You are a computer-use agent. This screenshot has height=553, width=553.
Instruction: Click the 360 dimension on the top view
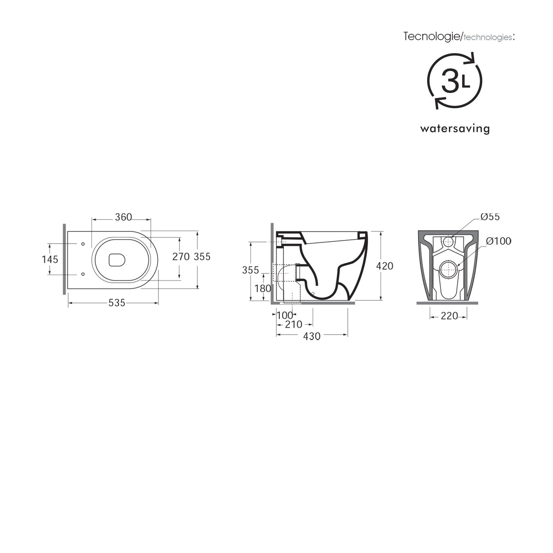[x=123, y=217]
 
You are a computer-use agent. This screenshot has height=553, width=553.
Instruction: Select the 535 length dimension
[x=116, y=303]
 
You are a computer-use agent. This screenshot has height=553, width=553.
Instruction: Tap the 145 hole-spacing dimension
[x=50, y=259]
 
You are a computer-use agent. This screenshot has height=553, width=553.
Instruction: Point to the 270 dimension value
[x=181, y=256]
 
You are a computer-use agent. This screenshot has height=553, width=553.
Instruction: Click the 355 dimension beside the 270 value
[x=202, y=256]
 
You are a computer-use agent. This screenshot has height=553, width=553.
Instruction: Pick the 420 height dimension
[x=385, y=266]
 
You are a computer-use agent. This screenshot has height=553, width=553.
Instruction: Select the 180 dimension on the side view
[x=263, y=288]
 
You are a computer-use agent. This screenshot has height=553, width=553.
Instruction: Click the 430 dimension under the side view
[x=312, y=336]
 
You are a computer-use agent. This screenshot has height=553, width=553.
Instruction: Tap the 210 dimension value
[x=293, y=325]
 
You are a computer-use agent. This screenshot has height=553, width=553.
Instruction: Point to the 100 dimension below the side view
[x=285, y=315]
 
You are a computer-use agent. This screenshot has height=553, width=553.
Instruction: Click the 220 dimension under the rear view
[x=449, y=316]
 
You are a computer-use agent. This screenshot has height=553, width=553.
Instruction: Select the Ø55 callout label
[x=490, y=217]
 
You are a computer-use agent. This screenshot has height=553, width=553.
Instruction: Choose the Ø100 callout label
[x=498, y=241]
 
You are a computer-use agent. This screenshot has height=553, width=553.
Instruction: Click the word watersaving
[x=455, y=129]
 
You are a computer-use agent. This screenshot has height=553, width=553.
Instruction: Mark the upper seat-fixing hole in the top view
[x=83, y=244]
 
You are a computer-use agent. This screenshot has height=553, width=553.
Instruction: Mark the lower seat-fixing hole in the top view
[x=83, y=274]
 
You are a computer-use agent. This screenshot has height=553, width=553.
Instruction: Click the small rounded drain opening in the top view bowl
[x=117, y=260]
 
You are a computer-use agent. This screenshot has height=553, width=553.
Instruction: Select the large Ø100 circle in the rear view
[x=449, y=269]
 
